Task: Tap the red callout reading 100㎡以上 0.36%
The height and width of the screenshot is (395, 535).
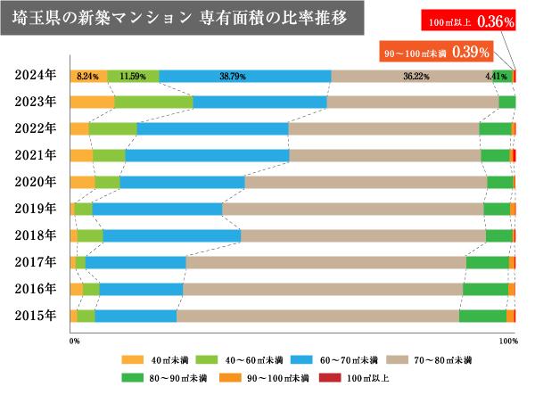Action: tap(477, 18)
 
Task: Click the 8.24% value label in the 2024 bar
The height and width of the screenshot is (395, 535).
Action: tap(87, 76)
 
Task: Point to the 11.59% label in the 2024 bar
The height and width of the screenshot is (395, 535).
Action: tap(133, 76)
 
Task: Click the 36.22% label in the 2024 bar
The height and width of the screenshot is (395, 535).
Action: tap(416, 76)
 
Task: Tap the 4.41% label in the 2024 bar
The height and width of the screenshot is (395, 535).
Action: tap(496, 76)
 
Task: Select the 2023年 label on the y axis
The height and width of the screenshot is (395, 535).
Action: tap(35, 102)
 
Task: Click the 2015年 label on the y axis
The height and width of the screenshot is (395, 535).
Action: tap(35, 315)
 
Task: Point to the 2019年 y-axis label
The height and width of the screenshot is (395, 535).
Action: tap(35, 209)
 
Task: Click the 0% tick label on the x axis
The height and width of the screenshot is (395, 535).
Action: tap(74, 340)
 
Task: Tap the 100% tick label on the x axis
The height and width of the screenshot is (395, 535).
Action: tap(507, 340)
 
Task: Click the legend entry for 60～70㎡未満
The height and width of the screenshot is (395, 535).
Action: tap(340, 361)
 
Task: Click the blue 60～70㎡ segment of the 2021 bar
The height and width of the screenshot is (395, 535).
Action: tap(207, 155)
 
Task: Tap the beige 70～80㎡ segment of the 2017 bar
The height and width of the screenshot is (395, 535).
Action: tap(325, 262)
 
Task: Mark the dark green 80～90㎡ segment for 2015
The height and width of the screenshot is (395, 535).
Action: tap(482, 315)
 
